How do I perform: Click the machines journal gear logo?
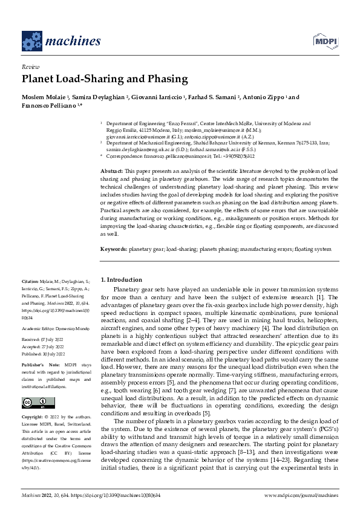coord(31,41)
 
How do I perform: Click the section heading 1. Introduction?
coord(122,280)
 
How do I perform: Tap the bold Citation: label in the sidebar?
coord(31,282)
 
